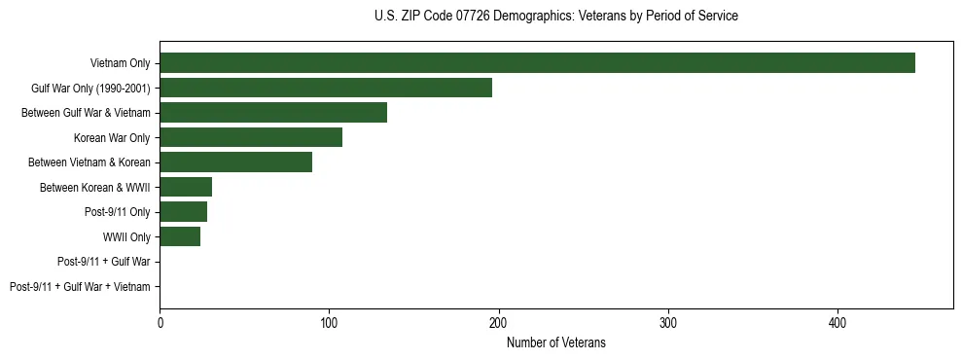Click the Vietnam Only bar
(x=537, y=63)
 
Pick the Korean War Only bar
(x=251, y=137)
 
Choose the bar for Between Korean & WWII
(x=186, y=187)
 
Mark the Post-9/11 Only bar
(x=183, y=212)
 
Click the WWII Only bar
(x=180, y=236)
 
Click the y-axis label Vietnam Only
(x=120, y=63)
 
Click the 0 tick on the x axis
(x=160, y=322)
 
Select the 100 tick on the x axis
(x=329, y=322)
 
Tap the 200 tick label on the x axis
(x=499, y=322)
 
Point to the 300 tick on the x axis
(x=668, y=322)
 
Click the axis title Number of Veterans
(x=555, y=342)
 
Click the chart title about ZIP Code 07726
(x=555, y=17)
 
